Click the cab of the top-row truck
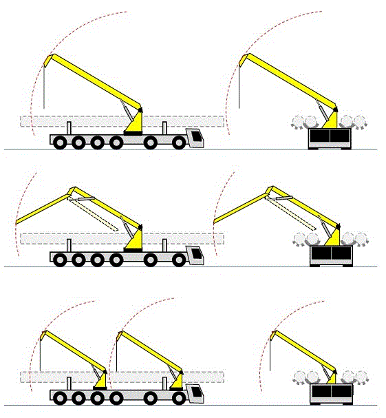click(196, 138)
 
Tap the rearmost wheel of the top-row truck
click(60, 143)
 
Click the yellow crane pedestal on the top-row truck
click(133, 124)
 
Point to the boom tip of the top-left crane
click(45, 59)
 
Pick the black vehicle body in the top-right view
click(329, 138)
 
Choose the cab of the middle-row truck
click(196, 255)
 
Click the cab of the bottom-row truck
click(196, 393)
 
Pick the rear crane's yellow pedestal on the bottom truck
click(101, 379)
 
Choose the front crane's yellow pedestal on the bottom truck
click(178, 379)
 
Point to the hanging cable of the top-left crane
click(43, 86)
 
